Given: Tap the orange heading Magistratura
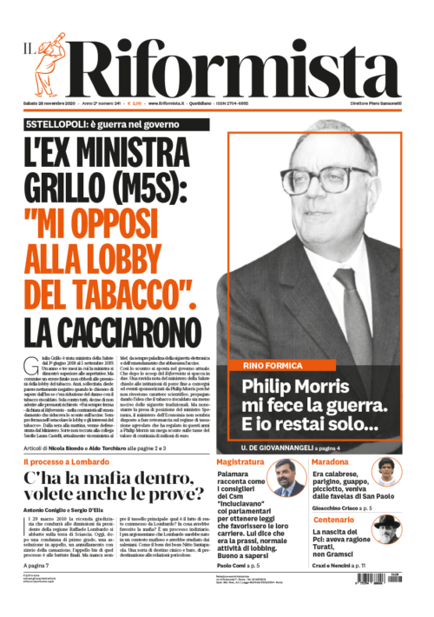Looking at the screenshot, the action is (x=240, y=461).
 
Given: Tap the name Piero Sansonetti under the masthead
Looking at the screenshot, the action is (x=394, y=104).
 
